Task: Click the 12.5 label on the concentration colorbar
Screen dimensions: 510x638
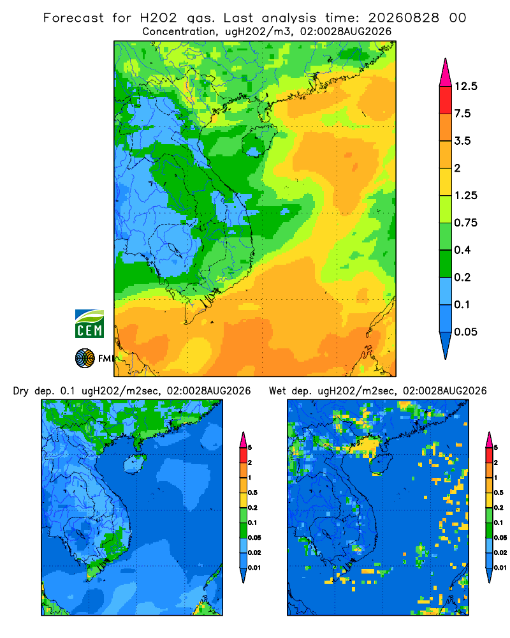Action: pos(465,86)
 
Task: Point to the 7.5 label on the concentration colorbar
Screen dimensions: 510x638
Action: pos(462,114)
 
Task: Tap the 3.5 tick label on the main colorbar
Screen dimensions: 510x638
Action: pos(462,141)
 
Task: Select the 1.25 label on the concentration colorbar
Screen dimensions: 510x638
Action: pos(465,195)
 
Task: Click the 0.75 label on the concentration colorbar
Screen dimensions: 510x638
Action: pos(465,223)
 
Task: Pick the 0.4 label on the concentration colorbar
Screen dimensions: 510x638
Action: pos(462,250)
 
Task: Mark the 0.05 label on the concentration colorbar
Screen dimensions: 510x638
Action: pos(465,332)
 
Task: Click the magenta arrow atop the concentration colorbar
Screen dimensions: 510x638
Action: pos(446,74)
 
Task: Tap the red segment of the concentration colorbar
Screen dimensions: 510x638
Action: pos(446,100)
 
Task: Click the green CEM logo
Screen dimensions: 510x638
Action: pos(89,324)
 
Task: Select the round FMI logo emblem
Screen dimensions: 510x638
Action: pos(85,359)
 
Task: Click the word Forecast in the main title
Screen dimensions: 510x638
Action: pos(73,18)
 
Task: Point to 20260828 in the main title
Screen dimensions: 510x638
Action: pos(404,18)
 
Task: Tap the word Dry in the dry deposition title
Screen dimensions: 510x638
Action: pos(21,391)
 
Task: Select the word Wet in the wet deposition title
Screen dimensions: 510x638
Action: pos(277,391)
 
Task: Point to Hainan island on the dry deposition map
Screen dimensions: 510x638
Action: pos(135,464)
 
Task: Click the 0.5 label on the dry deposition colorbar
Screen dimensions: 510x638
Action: pos(252,493)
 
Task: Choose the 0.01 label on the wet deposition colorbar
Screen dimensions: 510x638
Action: pos(500,568)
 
